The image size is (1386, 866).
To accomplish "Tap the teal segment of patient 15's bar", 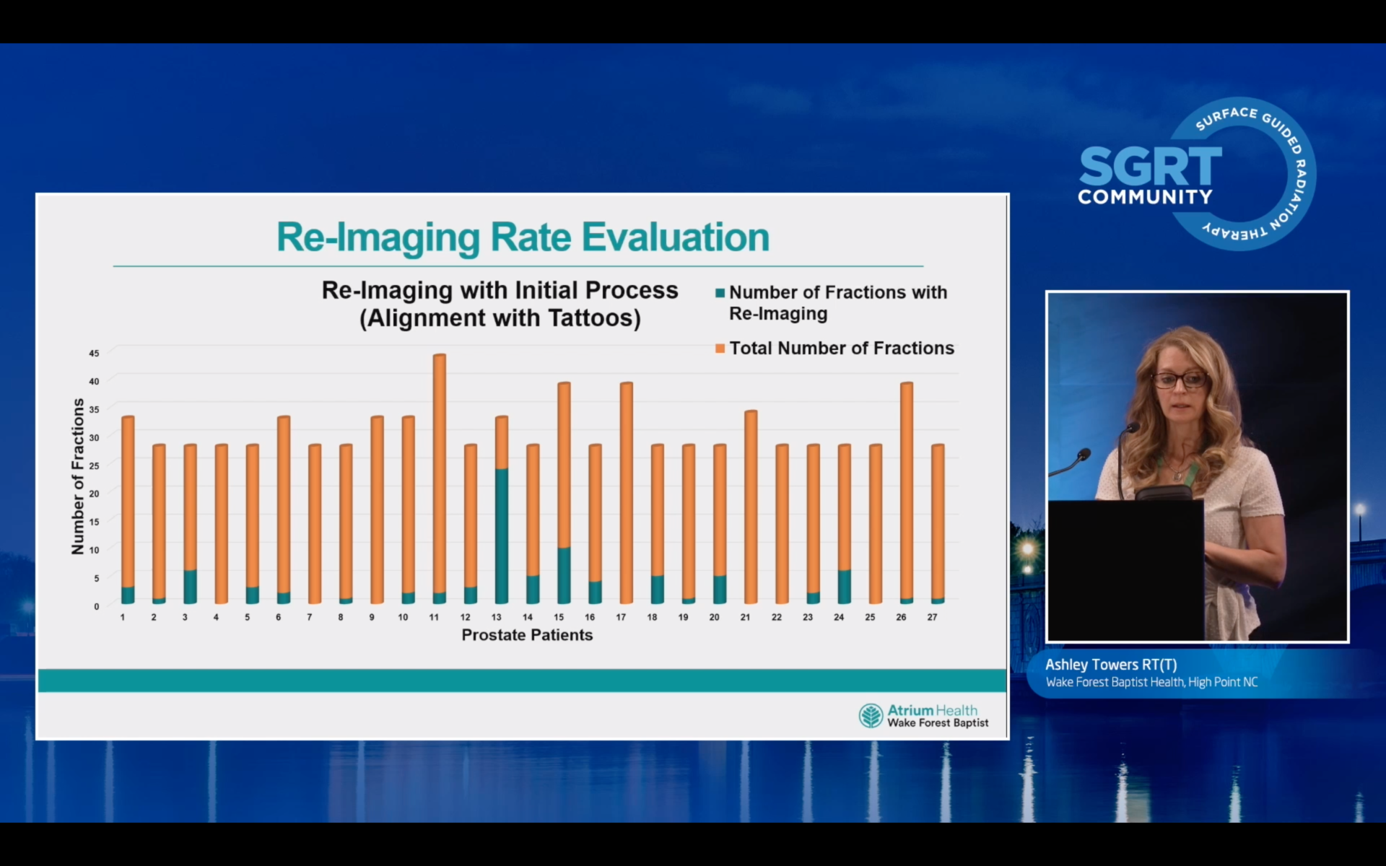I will tap(564, 575).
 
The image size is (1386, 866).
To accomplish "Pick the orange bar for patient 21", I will tap(751, 505).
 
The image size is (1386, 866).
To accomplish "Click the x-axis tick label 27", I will tap(932, 618).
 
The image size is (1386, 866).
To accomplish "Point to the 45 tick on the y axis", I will tap(94, 353).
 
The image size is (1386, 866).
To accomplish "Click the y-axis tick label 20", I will tap(94, 494).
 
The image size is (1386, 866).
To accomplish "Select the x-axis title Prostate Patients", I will tap(527, 635).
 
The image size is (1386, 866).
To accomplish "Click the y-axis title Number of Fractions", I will tap(78, 476).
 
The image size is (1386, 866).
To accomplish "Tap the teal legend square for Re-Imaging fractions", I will tap(720, 293).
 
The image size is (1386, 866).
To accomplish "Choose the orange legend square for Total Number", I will tap(720, 349).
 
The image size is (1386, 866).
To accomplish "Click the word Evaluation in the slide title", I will tap(676, 237).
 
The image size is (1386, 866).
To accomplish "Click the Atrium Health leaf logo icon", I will tap(871, 716).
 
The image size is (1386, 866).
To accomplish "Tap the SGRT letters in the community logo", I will tap(1150, 167).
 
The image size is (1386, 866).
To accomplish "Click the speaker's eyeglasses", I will tap(1179, 380).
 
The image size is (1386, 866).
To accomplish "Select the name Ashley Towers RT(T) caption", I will tap(1111, 665).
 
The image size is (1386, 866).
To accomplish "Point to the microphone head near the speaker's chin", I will tap(1131, 428).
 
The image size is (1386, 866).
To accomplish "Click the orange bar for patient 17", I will tap(626, 491).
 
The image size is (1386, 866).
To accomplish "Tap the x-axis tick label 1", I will tap(123, 618).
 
